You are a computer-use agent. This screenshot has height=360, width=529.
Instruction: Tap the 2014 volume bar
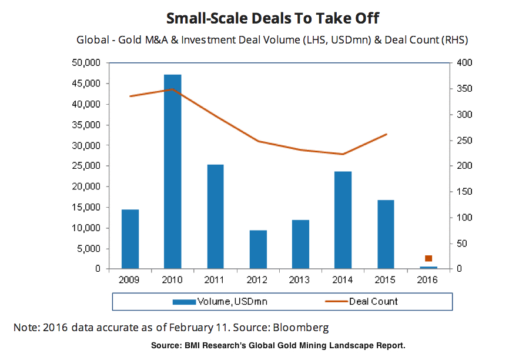[x=343, y=220]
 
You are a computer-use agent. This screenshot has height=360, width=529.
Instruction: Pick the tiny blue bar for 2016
[x=428, y=268]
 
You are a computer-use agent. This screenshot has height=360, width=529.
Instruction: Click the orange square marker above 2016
[x=428, y=258]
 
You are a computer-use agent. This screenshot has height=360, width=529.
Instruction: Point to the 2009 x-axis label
[x=130, y=280]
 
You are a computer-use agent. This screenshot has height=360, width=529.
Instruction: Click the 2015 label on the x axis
[x=386, y=280]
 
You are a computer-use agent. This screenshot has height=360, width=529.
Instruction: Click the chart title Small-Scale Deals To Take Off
[x=264, y=18]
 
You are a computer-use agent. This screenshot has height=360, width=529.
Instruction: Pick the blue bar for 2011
[x=215, y=216]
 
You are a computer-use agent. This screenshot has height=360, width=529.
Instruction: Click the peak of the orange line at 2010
[x=172, y=89]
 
